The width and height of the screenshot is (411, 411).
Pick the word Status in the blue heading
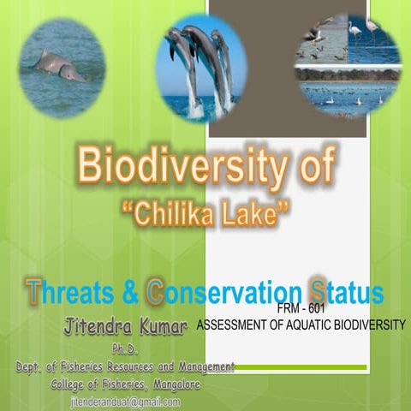[347, 292]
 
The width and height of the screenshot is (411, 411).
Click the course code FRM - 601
[301, 310]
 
